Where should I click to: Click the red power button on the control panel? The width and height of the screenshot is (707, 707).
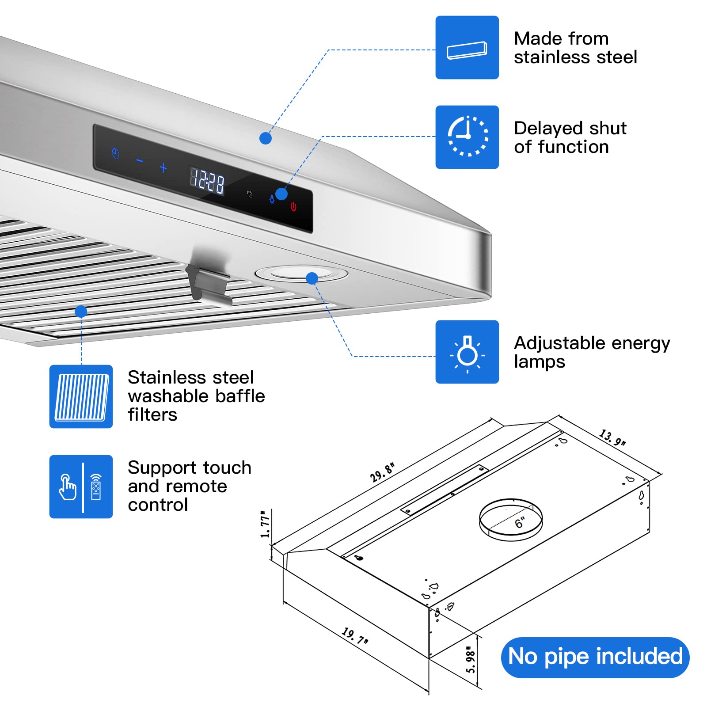click(293, 206)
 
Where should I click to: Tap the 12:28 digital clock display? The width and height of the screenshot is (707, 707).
click(207, 180)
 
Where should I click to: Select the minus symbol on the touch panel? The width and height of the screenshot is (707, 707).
click(140, 161)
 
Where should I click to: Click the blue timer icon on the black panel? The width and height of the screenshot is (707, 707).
click(115, 153)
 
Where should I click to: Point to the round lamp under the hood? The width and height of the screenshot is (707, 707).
click(301, 274)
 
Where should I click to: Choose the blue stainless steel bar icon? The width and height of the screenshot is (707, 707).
click(467, 48)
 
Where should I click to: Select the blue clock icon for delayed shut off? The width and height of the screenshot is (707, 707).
click(467, 137)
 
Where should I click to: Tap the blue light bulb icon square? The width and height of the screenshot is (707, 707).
click(467, 352)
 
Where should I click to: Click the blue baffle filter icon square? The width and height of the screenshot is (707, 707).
click(81, 396)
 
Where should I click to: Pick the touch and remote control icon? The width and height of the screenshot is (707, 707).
click(81, 487)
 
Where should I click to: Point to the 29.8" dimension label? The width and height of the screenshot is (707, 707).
click(382, 472)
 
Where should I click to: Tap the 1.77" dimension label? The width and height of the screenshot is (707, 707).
click(265, 524)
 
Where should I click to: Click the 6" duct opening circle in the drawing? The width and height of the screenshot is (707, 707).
click(511, 520)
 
